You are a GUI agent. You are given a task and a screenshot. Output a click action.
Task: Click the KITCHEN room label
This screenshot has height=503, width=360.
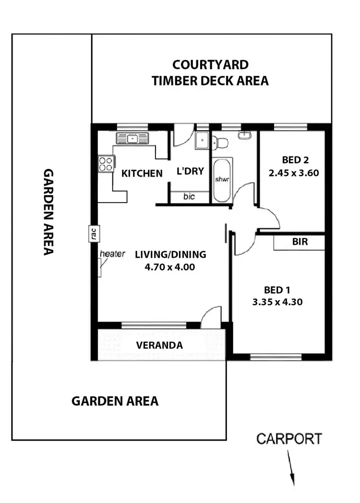click(142, 173)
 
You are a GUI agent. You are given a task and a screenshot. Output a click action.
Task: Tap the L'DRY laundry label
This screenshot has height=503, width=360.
click(191, 171)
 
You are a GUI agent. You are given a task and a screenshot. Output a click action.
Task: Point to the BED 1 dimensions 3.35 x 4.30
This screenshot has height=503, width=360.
click(276, 302)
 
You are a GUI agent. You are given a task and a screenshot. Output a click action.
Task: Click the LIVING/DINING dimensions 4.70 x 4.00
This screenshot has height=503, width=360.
click(170, 267)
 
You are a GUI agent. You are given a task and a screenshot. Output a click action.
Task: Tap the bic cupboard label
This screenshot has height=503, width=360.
click(189, 197)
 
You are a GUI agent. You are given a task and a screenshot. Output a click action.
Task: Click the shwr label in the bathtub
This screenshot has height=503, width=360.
click(221, 180)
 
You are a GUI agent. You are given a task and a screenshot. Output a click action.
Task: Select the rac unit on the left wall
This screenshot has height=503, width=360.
click(94, 233)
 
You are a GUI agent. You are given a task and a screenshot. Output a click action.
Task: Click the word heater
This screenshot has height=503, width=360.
click(113, 254)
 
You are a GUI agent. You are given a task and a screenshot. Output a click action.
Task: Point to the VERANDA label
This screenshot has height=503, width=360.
click(159, 345)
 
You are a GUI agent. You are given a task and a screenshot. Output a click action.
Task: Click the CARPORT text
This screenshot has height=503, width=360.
click(289, 438)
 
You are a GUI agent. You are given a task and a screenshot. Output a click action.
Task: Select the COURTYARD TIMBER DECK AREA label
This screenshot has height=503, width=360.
click(210, 72)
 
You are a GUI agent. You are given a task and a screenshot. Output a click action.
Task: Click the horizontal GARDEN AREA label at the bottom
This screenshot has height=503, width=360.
click(115, 401)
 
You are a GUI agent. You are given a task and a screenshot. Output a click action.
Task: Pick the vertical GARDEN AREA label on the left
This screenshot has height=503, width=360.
click(48, 212)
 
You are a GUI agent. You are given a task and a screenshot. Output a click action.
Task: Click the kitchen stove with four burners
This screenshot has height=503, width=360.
click(106, 164)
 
